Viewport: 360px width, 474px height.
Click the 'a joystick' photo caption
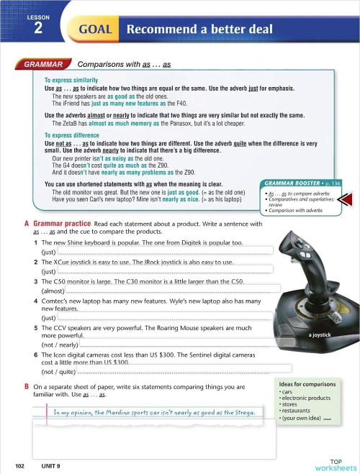coord(319,335)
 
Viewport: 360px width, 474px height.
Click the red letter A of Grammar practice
coord(17,224)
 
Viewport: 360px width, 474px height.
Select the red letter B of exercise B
coord(17,386)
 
